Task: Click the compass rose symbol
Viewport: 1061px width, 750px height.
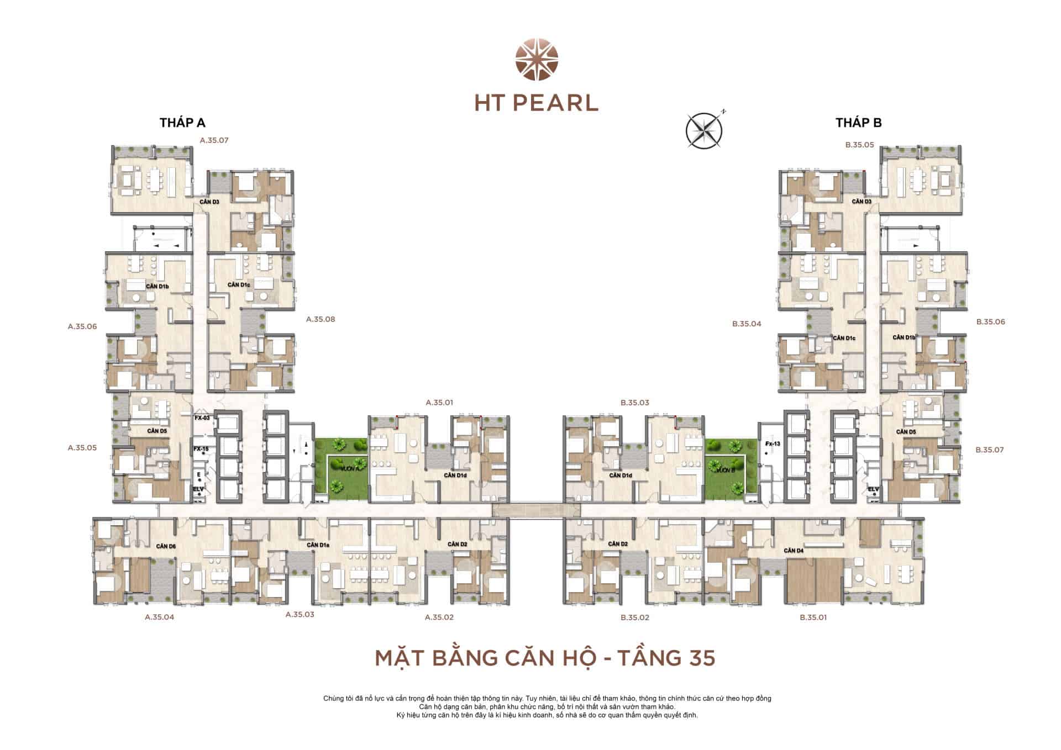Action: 704,130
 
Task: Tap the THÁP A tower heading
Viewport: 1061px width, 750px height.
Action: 182,123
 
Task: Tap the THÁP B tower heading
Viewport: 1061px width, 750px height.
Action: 858,123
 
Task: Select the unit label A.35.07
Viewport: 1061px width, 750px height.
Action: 214,140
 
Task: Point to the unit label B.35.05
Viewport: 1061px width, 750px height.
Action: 859,145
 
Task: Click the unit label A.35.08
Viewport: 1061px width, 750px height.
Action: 321,319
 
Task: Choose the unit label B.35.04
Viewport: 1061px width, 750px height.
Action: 747,324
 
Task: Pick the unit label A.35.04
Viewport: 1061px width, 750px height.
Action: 159,617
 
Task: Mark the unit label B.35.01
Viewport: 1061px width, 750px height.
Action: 813,617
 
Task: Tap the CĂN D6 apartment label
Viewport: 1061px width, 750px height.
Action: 166,546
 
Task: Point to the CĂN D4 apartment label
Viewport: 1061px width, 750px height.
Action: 793,551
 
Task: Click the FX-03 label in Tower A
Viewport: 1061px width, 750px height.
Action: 202,418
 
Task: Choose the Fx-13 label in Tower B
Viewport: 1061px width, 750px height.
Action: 772,444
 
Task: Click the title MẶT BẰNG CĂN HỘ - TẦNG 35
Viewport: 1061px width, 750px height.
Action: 545,658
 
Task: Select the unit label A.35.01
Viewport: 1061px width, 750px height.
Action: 439,403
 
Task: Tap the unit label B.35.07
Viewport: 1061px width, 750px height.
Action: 990,450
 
